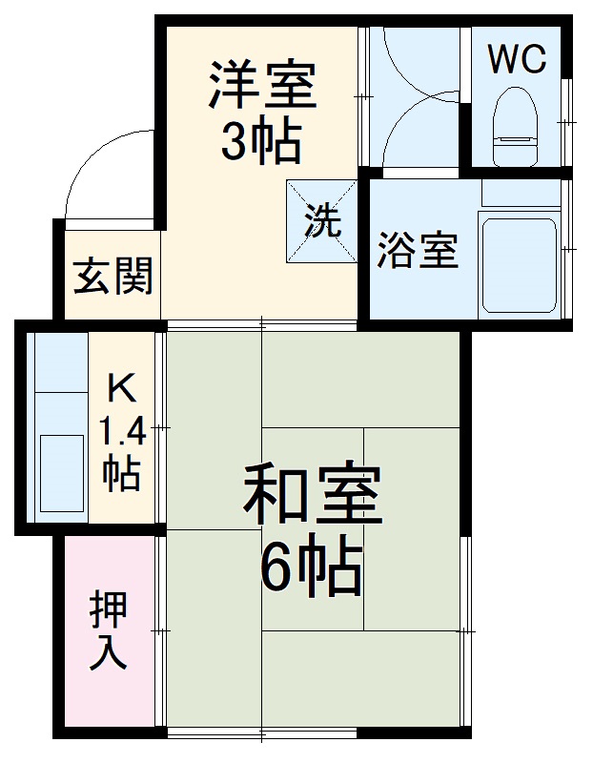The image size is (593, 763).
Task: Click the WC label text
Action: coord(517,59)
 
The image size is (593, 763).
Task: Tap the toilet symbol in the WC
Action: coord(516,119)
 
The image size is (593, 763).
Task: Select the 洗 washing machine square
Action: coord(322,222)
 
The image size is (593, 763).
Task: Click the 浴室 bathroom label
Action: coord(418,250)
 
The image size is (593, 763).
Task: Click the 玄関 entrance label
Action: coord(113,278)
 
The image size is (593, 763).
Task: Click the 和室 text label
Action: coord(313,493)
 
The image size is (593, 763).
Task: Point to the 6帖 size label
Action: coord(311,569)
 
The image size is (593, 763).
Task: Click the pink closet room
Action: coord(107,668)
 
